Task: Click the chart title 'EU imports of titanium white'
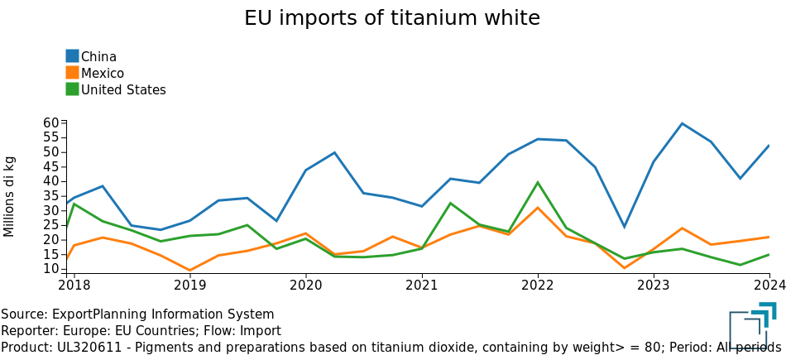point(392,18)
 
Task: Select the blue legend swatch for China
point(72,56)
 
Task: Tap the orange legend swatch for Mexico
point(72,73)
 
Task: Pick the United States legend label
point(123,89)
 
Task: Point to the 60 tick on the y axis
point(52,122)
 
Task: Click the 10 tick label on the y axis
point(52,269)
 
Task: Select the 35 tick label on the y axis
point(52,196)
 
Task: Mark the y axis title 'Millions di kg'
point(10,196)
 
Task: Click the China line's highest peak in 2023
point(683,123)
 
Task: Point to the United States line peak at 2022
point(538,182)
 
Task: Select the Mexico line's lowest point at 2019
point(189,271)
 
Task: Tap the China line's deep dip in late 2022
point(625,227)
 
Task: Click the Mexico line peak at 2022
point(538,208)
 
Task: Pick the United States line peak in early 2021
point(451,203)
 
